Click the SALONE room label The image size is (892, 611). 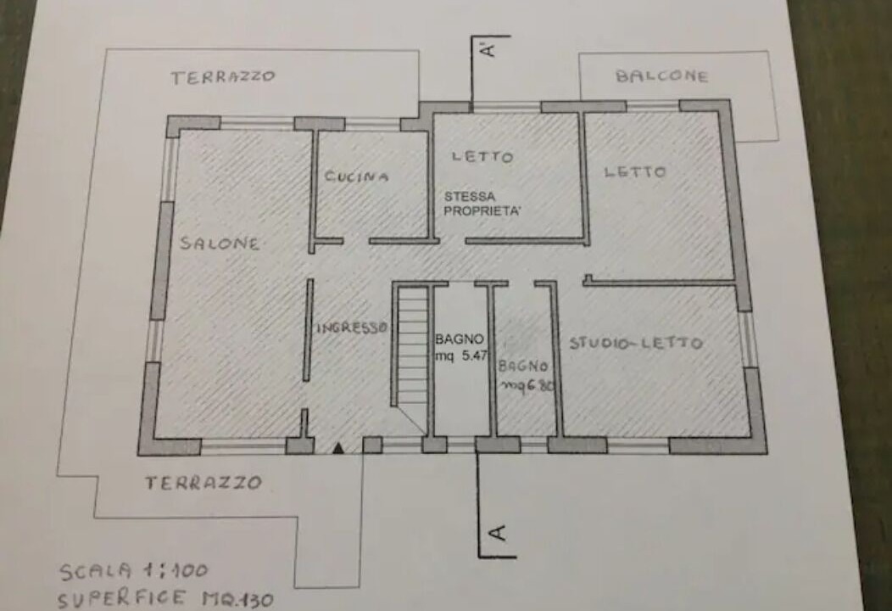220,244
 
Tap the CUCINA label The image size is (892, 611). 357,176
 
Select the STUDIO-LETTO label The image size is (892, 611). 636,343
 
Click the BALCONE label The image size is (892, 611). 662,76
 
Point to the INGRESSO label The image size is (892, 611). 352,328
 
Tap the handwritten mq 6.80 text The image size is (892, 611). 527,385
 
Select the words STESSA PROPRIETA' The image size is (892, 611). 482,204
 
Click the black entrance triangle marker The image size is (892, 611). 338,449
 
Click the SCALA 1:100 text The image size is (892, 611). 134,571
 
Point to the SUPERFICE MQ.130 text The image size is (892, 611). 165,598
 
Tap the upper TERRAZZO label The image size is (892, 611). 224,77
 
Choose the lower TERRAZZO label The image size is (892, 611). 203,483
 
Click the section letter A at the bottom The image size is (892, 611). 497,532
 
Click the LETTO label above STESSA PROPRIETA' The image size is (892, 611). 482,156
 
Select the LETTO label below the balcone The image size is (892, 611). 634,171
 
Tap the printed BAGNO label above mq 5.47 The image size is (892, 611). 460,339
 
